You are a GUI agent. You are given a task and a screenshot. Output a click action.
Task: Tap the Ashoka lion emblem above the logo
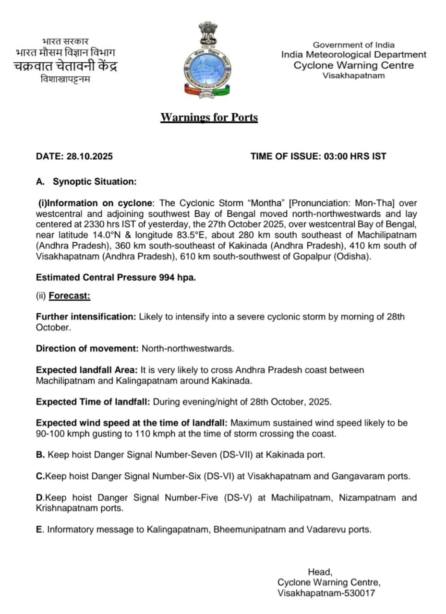click(208, 32)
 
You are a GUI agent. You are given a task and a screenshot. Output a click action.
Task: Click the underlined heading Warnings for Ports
click(209, 118)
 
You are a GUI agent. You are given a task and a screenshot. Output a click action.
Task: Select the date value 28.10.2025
click(89, 156)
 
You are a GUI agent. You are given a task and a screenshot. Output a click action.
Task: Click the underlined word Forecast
click(69, 296)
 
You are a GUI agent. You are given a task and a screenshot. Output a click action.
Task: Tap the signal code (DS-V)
click(240, 498)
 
